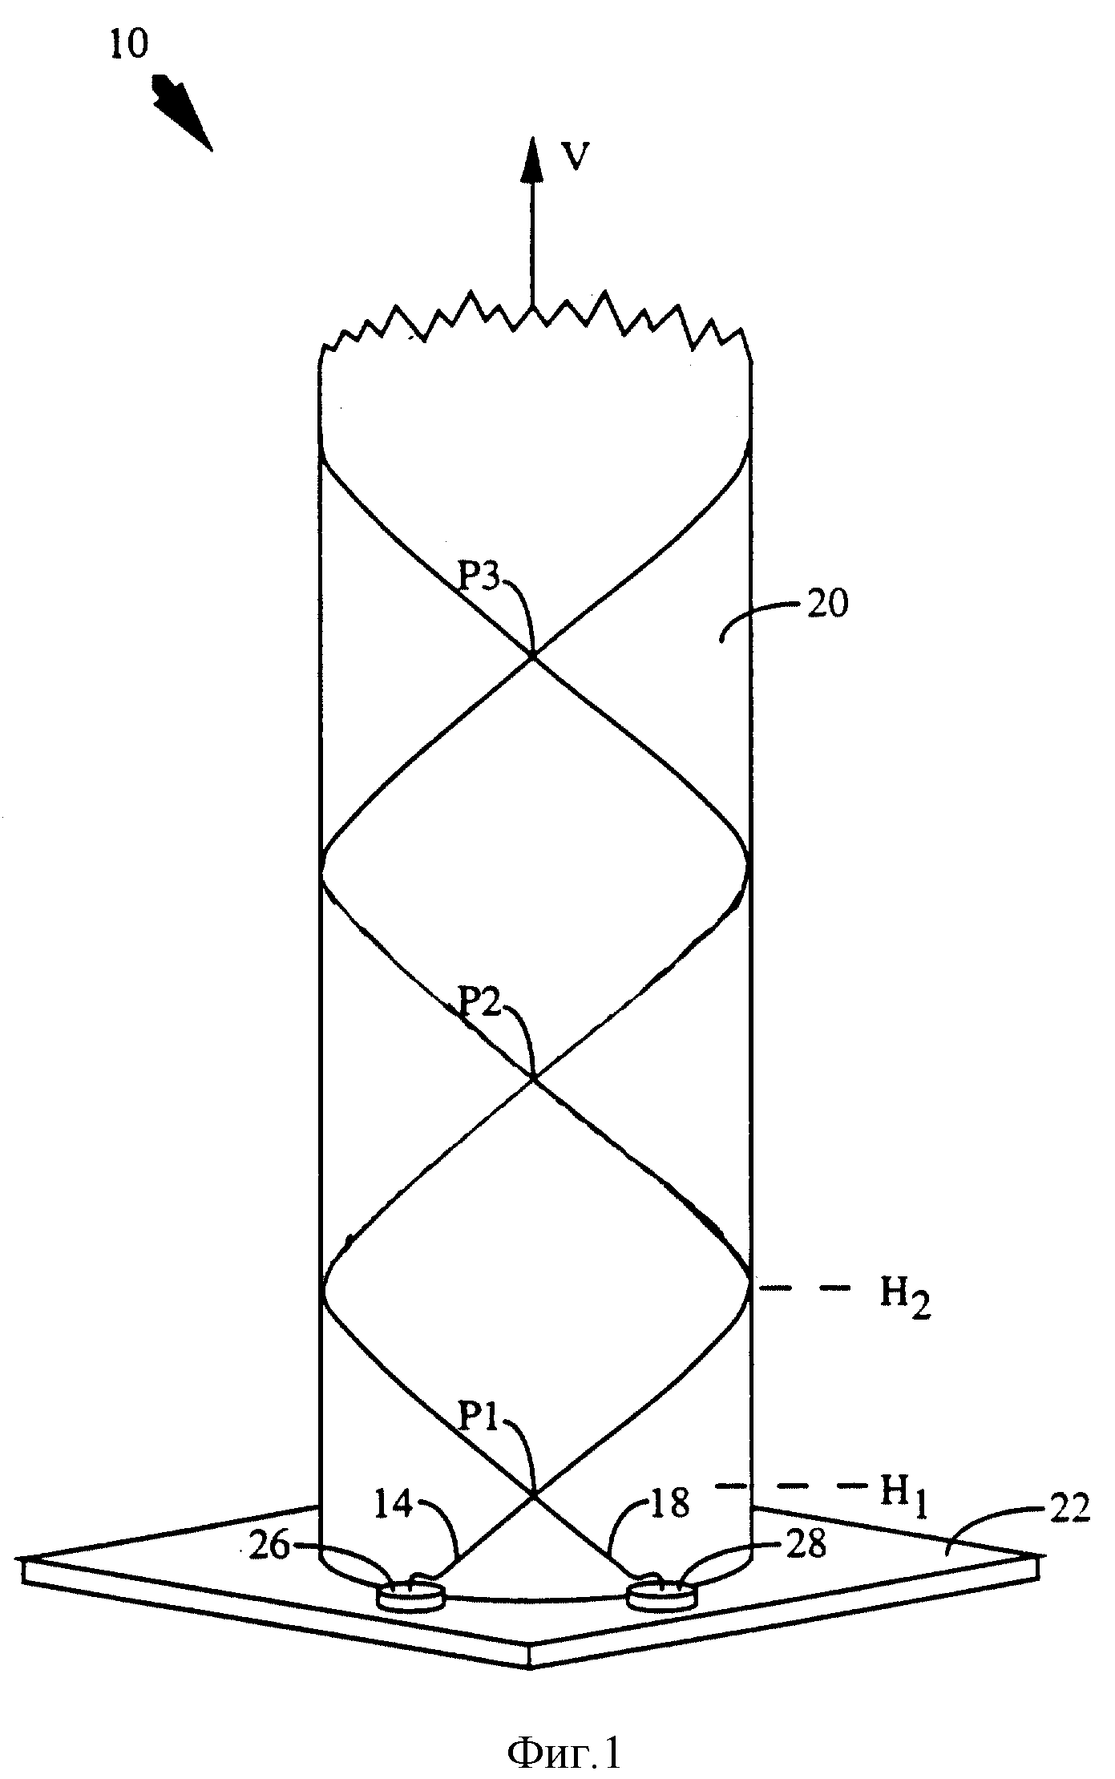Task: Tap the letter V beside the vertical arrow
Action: (x=575, y=157)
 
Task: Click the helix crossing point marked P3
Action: (x=532, y=657)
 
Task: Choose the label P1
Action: (x=481, y=1420)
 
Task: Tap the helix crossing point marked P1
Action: (x=533, y=1494)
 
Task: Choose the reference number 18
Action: (x=669, y=1504)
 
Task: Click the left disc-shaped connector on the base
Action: (x=410, y=1594)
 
